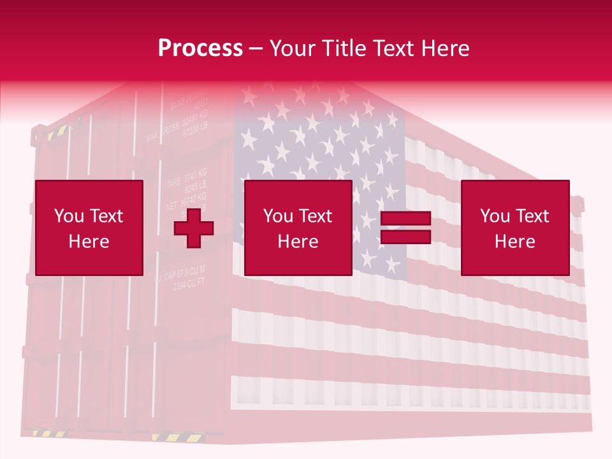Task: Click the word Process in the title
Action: (200, 48)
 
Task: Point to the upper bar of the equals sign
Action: (405, 219)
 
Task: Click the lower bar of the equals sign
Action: (405, 237)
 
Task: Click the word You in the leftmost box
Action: (69, 216)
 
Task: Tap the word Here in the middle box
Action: (298, 242)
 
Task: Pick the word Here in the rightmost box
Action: (514, 242)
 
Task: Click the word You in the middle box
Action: (278, 216)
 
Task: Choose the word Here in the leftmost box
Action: (89, 242)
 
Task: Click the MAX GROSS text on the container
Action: (163, 132)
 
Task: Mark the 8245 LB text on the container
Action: (195, 187)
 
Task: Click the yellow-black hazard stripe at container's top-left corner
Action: (56, 132)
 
